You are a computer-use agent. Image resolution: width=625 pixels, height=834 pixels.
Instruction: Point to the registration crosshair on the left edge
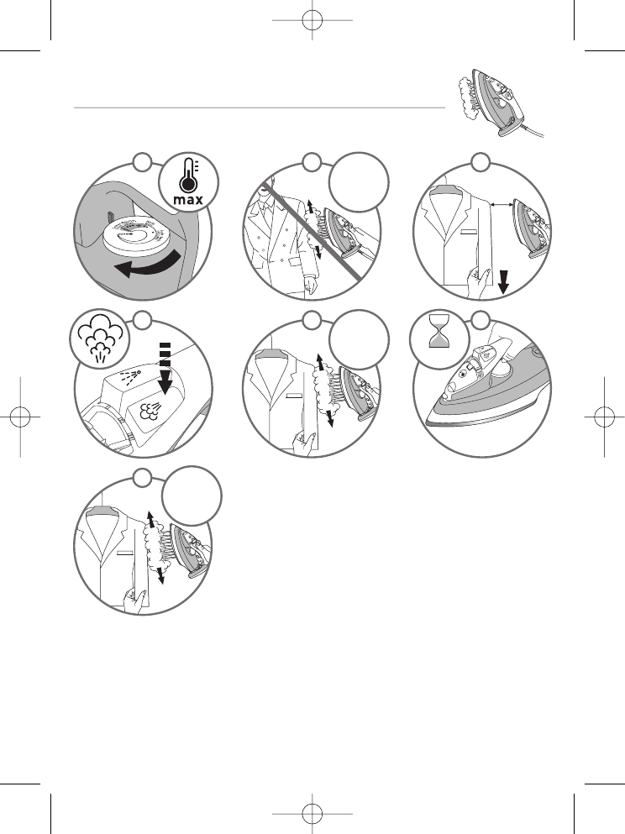18,417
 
